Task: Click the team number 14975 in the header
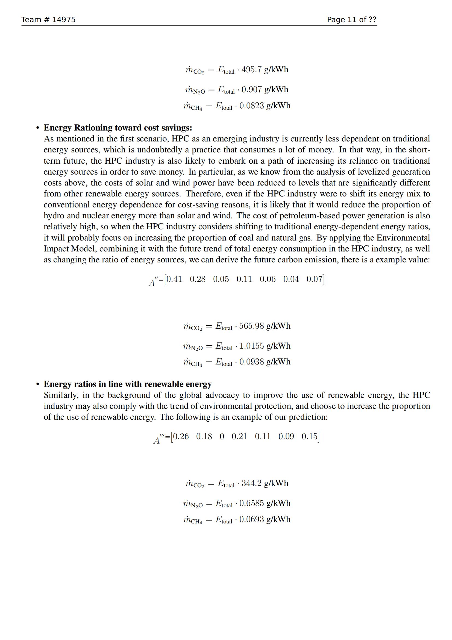coord(64,19)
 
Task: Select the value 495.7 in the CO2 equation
coord(252,69)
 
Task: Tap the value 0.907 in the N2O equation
coord(252,89)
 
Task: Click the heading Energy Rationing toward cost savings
coord(118,128)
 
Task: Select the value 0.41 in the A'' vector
coord(174,279)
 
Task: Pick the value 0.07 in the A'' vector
coord(315,279)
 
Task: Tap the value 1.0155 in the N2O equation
coord(251,346)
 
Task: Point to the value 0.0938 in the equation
coord(251,362)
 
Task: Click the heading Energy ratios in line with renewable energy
coord(127,384)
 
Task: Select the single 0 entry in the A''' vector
coord(222,436)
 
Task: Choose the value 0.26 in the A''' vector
coord(181,436)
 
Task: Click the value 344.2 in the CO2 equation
coord(252,483)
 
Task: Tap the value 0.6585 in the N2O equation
coord(251,503)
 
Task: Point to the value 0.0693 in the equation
coord(251,519)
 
